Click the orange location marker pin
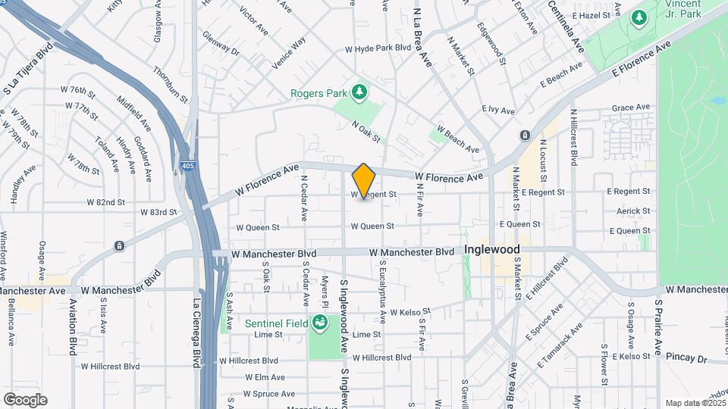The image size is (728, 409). [364, 181]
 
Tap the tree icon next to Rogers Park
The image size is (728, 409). [359, 93]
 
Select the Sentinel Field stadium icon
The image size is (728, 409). [320, 323]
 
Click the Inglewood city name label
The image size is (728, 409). [492, 249]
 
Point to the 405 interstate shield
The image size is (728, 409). [187, 164]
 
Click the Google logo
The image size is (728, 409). [25, 400]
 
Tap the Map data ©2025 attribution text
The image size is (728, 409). [695, 403]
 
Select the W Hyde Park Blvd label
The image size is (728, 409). [378, 48]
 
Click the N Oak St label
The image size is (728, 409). [366, 130]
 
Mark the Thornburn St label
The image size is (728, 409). [169, 82]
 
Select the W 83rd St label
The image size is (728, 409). [158, 213]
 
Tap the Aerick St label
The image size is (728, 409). [633, 211]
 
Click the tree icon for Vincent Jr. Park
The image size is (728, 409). [639, 16]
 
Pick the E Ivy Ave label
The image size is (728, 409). [498, 110]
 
